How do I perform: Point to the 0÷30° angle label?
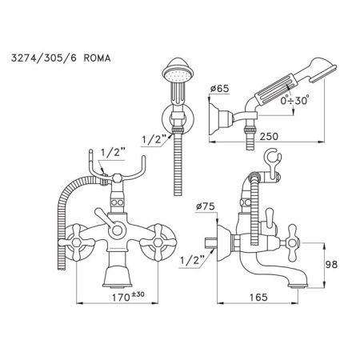pyautogui.click(x=290, y=100)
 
